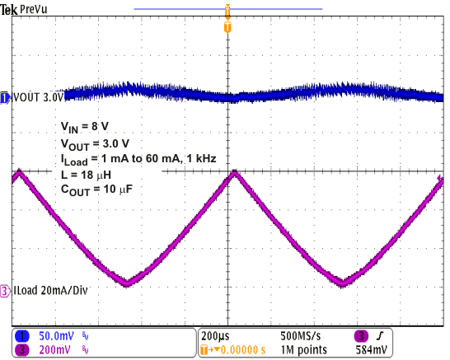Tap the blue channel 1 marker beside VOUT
coord(5,97)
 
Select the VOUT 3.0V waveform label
coord(38,97)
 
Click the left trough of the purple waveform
coord(126,283)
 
